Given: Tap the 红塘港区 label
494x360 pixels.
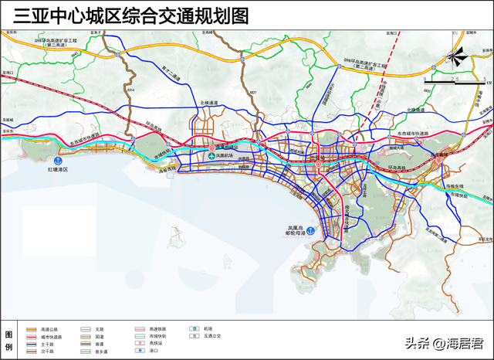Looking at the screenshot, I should coord(59,168).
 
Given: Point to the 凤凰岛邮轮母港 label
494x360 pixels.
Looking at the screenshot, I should coord(296,230).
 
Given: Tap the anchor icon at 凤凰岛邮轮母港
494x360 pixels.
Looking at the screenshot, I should coord(310,230).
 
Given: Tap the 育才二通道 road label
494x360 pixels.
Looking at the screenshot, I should coord(169,73).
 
